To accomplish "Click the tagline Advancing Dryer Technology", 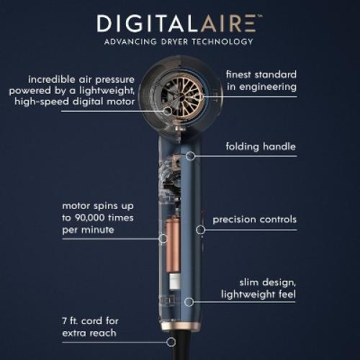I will point(179,42).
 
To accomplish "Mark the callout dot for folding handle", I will point(192,155).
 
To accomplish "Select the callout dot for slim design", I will point(189,302).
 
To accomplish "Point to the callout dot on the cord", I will point(171,342).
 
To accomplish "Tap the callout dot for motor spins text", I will point(160,238).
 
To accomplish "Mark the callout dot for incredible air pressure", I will point(167,111).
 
